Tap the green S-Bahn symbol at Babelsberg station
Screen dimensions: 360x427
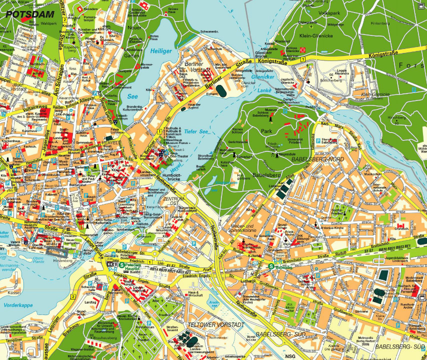click(271, 266)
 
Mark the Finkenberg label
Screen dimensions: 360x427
click(380, 23)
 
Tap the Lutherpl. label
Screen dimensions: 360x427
click(248, 281)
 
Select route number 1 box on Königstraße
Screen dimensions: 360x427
click(302, 59)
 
